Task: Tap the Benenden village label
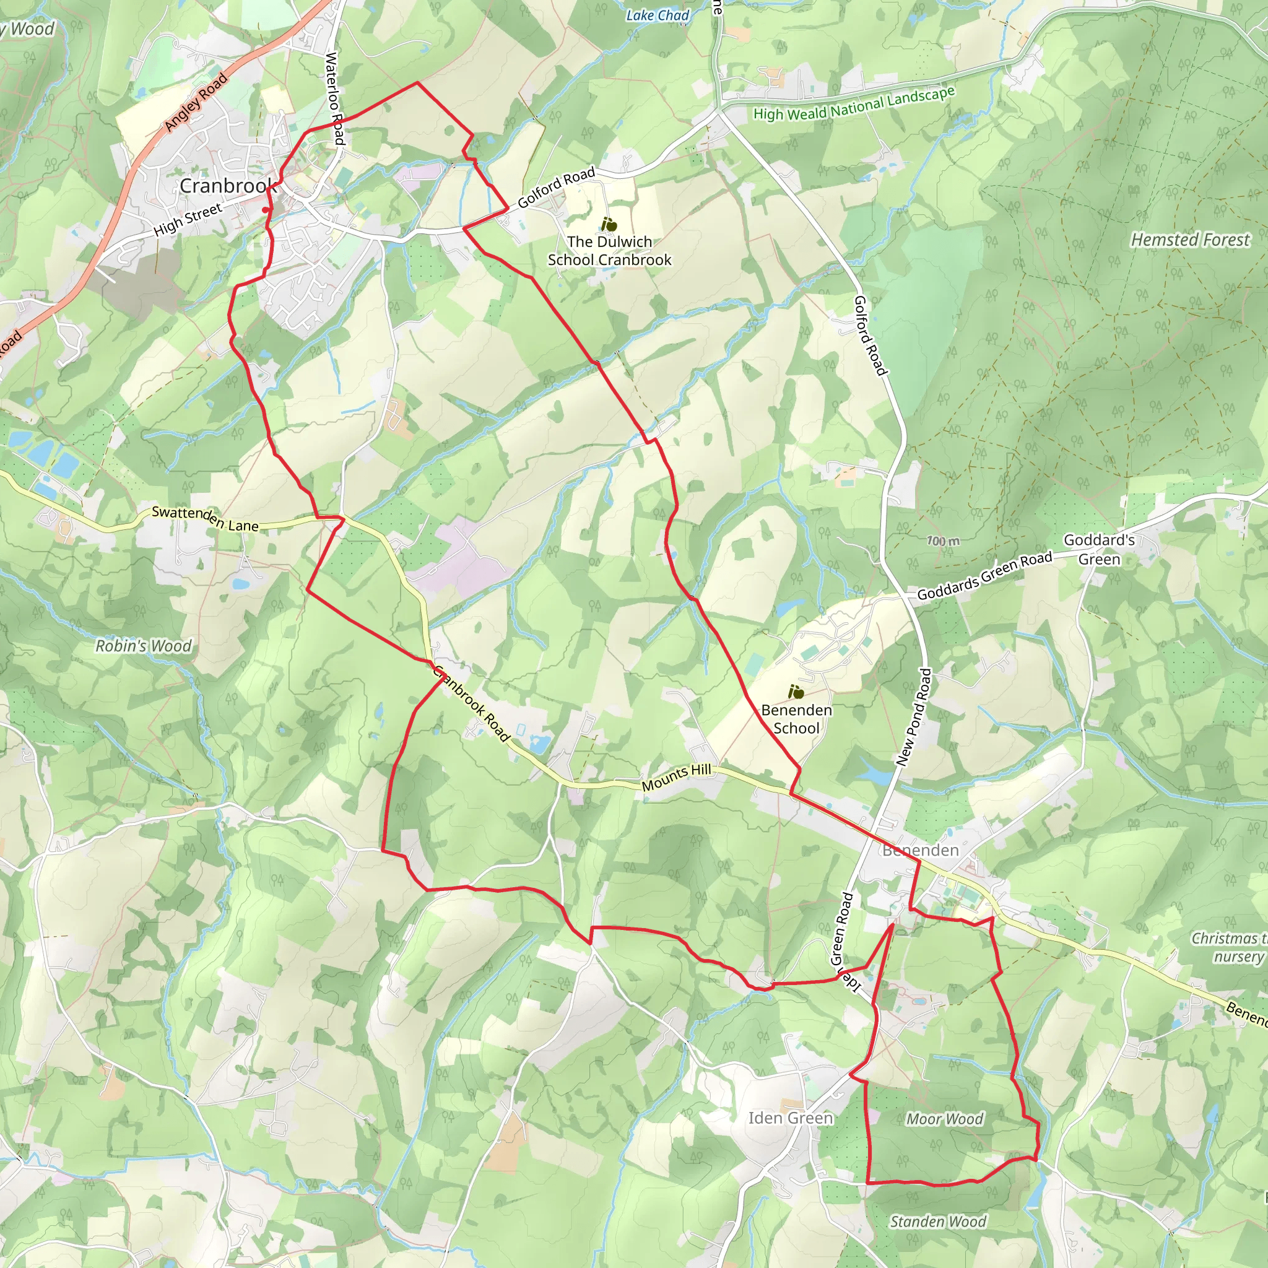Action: pyautogui.click(x=920, y=851)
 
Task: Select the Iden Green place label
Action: pyautogui.click(x=790, y=1118)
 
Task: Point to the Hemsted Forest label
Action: pyautogui.click(x=1190, y=240)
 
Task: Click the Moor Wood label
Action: pyautogui.click(x=944, y=1119)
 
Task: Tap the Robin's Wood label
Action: pyautogui.click(x=144, y=646)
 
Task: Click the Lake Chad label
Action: pyautogui.click(x=657, y=15)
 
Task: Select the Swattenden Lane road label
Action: pyautogui.click(x=205, y=518)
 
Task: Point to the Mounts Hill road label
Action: pyautogui.click(x=676, y=778)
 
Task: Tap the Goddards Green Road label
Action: pyautogui.click(x=984, y=576)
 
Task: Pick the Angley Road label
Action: pyautogui.click(x=196, y=102)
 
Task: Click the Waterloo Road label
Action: pyautogui.click(x=335, y=98)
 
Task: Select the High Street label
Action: pyautogui.click(x=188, y=220)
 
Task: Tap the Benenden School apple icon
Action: pyautogui.click(x=796, y=692)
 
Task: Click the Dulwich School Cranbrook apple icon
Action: pyautogui.click(x=609, y=225)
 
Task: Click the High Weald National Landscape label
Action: pyautogui.click(x=854, y=105)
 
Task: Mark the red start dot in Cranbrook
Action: pyautogui.click(x=265, y=210)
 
